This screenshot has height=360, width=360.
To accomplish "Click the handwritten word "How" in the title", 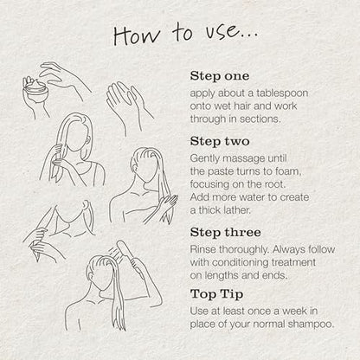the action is tap(137, 35).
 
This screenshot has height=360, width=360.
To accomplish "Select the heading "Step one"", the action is tap(220, 76).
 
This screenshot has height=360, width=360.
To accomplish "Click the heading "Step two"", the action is tap(220, 141).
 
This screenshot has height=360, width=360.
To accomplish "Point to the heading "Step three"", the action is tap(225, 233).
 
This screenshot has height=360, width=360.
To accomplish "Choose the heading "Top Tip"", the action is tap(216, 294).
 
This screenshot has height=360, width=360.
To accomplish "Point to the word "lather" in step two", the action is tap(236, 210).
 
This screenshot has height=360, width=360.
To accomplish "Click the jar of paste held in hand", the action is tap(35, 90).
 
